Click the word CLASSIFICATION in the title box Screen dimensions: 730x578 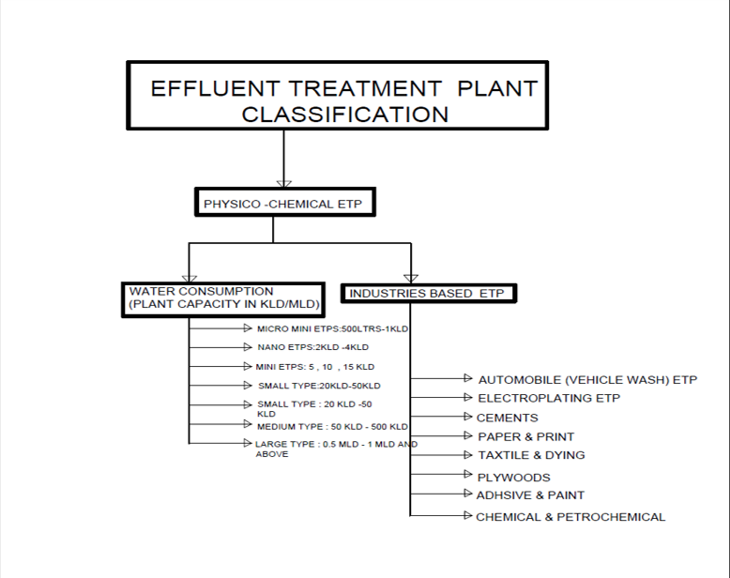345,114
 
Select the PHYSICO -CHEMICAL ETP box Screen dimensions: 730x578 285,202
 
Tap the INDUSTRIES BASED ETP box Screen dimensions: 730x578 429,293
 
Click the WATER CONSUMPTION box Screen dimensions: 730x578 223,299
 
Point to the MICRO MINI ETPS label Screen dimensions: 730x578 332,329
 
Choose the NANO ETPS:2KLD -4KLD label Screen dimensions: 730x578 312,347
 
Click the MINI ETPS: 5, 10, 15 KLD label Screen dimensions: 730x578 314,367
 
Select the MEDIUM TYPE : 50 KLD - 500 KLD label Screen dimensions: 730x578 332,427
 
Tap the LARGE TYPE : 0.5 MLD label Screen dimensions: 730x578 336,449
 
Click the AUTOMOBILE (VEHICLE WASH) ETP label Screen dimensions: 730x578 587,380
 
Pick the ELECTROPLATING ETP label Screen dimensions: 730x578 549,399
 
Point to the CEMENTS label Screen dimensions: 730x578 507,418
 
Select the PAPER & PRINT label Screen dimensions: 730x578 525,436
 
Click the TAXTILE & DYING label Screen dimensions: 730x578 531,455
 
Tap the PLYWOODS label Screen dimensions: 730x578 513,478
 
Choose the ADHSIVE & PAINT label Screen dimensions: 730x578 530,495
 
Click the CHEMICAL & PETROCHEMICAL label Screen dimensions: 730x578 570,517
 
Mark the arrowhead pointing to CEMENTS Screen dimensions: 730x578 468,416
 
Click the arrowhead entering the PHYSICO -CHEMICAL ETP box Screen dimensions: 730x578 284,184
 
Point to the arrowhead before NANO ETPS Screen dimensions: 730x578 248,347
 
